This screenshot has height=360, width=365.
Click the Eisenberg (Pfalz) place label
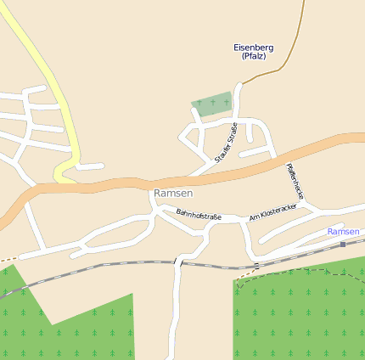[x=254, y=51]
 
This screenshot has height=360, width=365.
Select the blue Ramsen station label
[x=343, y=231]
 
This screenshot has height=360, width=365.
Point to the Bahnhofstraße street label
[x=198, y=216]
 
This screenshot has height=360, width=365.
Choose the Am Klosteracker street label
[x=272, y=213]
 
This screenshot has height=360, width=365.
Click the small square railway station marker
[x=343, y=244]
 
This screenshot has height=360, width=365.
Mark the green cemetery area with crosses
[x=212, y=104]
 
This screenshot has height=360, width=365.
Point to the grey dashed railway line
[x=127, y=264]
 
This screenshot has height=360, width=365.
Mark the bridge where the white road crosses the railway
[x=178, y=262]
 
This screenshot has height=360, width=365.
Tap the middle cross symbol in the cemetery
[x=212, y=104]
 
